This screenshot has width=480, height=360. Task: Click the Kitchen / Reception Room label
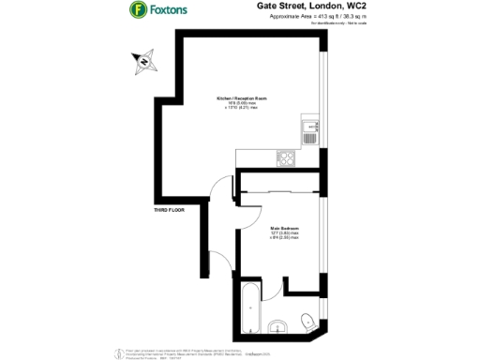(243, 97)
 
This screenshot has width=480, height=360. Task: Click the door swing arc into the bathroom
(270, 286)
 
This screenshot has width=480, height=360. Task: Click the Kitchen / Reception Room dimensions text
(243, 106)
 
